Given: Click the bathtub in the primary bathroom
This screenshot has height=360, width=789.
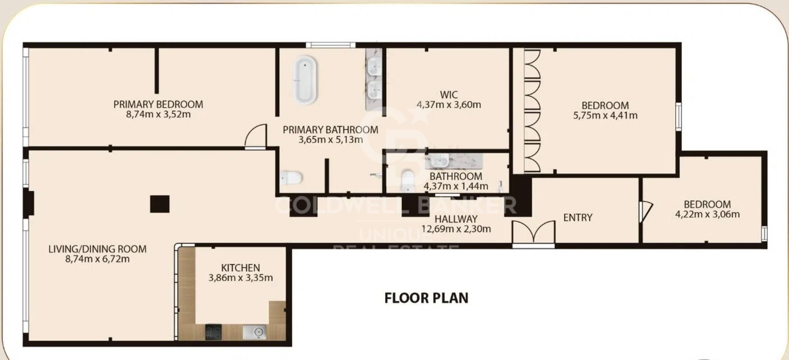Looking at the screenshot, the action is point(305,80).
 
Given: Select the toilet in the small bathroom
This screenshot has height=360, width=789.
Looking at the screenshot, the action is point(407,181).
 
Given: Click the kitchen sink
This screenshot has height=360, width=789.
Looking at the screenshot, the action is point(254,332).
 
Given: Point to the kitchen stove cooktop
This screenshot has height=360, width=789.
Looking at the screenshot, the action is point(213,332).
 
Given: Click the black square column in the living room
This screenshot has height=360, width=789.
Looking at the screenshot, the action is point(160,204).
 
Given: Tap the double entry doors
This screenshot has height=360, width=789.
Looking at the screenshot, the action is point(533,232).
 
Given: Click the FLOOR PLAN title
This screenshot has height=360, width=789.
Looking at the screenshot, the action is point(426,298).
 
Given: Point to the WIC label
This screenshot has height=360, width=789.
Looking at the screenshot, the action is point(449,95).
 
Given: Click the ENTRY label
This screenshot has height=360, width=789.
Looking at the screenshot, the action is point(578,218).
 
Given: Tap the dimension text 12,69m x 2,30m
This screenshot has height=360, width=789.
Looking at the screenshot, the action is point(456,229).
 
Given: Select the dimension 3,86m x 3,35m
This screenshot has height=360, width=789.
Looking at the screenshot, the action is point(241,278).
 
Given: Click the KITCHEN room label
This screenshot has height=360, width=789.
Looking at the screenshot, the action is point(240,268).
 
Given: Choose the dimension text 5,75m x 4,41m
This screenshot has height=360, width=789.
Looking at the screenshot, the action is point(605,116).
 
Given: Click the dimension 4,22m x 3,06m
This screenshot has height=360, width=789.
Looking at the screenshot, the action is point(707,215).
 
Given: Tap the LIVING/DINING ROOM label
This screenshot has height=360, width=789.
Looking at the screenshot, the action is point(97,249).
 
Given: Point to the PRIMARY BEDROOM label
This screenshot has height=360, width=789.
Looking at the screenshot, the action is point(158,104).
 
